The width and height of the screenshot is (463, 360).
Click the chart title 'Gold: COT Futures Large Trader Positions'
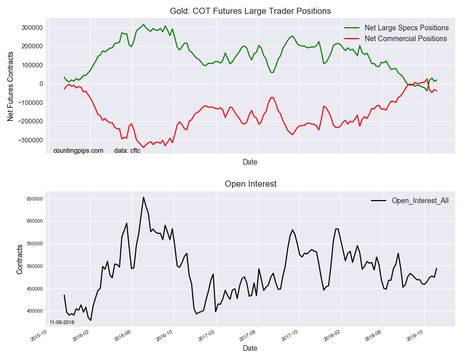250,11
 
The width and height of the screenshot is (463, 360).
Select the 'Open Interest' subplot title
250,184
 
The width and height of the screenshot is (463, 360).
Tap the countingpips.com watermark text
78,151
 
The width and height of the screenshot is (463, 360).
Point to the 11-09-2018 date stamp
62,322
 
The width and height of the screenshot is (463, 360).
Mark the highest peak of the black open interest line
144,197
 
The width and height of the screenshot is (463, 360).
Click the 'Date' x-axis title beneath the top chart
250,162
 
